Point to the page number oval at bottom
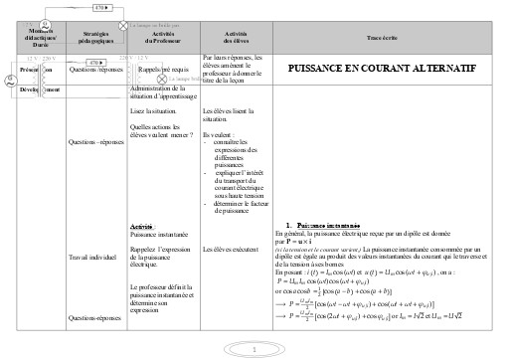click(254, 349)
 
